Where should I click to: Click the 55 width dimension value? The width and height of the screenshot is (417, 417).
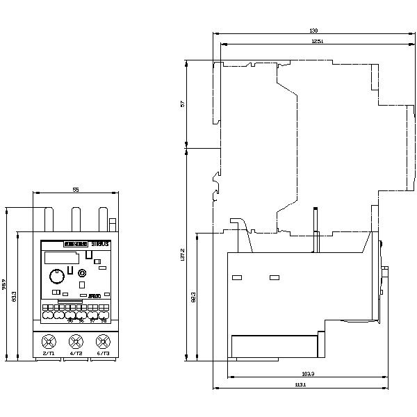point(76,189)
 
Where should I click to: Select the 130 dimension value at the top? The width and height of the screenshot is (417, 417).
point(313,31)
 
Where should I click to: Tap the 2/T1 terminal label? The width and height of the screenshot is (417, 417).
point(49,354)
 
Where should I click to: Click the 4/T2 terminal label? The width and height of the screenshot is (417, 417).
point(76,354)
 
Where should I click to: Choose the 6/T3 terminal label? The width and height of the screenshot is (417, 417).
point(104,354)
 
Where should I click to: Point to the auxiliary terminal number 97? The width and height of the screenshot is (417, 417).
point(92,320)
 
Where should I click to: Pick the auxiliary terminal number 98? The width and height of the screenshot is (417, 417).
point(104,320)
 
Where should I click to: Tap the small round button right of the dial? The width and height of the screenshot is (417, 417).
point(83,273)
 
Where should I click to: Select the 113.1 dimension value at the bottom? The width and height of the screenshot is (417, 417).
point(300,384)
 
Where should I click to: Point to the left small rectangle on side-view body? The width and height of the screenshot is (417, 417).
point(237,278)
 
